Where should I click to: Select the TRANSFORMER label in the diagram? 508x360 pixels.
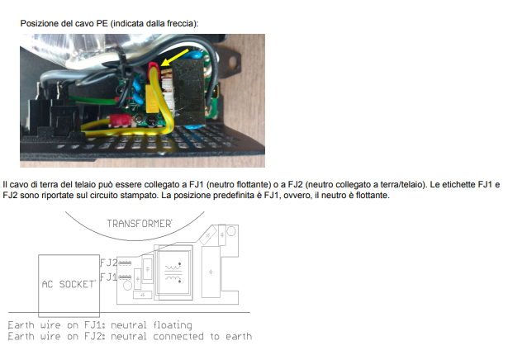point(139,224)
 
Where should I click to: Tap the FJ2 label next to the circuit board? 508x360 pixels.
point(107,262)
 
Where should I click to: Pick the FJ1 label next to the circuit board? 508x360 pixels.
point(107,276)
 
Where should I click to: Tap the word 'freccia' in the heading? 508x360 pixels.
point(178,24)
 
